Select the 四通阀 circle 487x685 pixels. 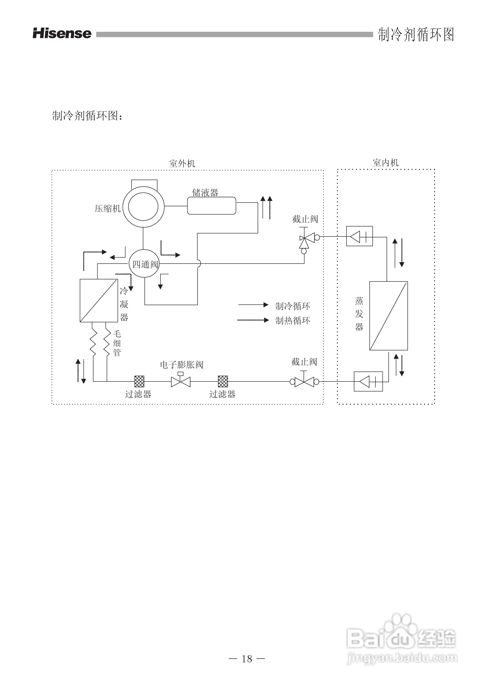click(144, 264)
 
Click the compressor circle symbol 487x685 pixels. click(143, 207)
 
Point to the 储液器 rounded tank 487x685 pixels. click(211, 206)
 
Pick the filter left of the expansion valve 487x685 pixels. click(139, 381)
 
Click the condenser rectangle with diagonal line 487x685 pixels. click(99, 300)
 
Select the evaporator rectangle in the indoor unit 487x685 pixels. click(388, 316)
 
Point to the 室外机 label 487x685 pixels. click(182, 164)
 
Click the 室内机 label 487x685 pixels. click(385, 163)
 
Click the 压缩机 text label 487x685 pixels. click(107, 209)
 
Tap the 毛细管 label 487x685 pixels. click(117, 343)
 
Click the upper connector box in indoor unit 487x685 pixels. click(359, 236)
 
